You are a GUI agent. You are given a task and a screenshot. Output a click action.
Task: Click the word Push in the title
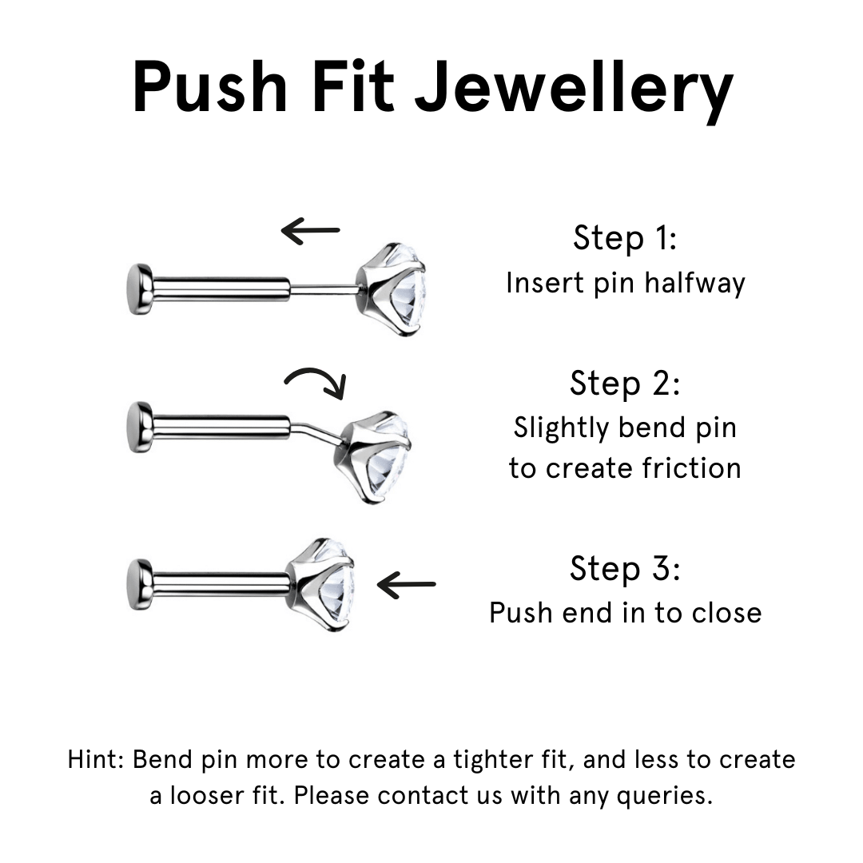[209, 87]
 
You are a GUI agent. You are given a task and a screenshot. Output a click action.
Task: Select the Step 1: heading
[625, 238]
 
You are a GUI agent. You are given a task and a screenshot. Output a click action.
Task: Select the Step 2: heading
[625, 383]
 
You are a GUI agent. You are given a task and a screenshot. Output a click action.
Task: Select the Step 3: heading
[625, 569]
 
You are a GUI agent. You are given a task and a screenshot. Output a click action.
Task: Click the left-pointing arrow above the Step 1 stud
[310, 231]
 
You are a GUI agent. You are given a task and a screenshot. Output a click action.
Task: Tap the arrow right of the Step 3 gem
[406, 584]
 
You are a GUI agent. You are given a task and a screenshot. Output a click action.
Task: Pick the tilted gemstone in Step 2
[374, 457]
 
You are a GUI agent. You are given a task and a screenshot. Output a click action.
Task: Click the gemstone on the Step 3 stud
[321, 584]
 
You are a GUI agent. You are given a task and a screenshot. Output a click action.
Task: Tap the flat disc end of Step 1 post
[140, 289]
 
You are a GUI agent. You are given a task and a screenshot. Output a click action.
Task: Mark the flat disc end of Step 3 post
[140, 584]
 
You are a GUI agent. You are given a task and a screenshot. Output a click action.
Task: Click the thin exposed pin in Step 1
[324, 289]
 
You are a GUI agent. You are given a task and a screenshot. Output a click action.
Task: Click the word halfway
[694, 284]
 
